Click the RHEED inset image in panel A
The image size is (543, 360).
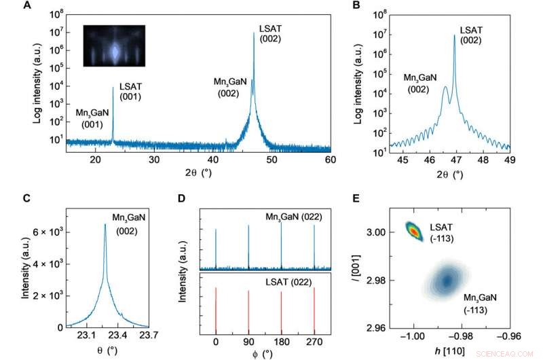(x=114, y=46)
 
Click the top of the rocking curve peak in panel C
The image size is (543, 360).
(x=105, y=225)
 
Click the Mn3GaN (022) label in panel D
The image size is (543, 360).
(x=293, y=217)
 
